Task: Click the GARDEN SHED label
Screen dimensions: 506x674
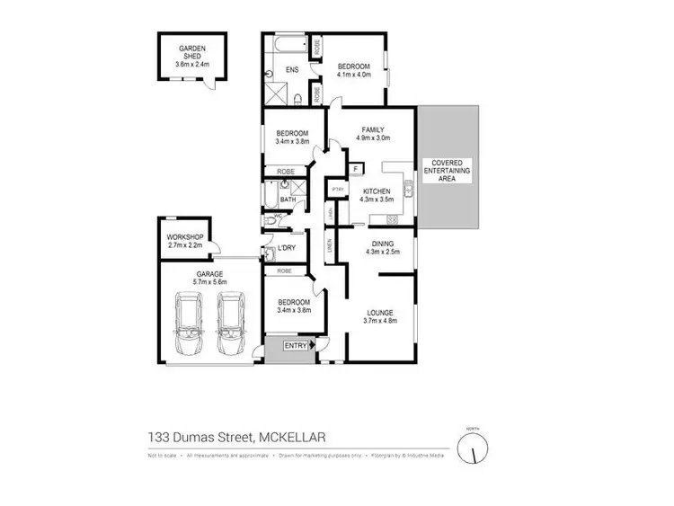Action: coord(193,51)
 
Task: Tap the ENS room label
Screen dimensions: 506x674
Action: coord(292,69)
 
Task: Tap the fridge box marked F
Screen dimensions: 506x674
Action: coord(357,168)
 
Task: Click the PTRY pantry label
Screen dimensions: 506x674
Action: coord(339,190)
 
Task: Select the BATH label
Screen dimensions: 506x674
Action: coord(288,200)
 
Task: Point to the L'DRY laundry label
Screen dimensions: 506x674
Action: coord(288,248)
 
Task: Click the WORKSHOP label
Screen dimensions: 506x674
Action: coord(185,237)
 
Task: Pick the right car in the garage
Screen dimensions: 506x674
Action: coord(231,327)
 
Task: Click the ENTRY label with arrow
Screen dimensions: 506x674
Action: coord(297,345)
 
